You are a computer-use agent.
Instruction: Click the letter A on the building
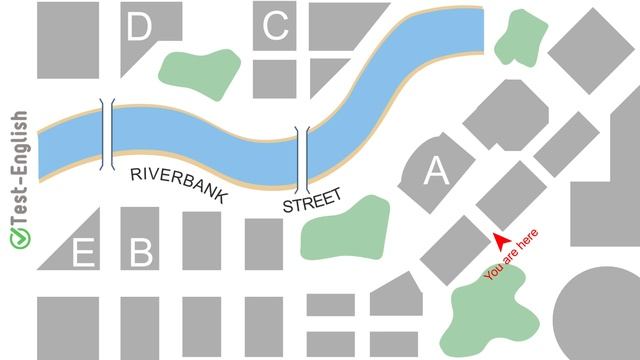[436, 173]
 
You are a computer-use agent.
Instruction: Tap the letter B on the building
[141, 252]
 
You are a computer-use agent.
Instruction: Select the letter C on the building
[275, 27]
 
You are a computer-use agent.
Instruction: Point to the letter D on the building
[138, 28]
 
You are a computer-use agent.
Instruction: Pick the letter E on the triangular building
[84, 255]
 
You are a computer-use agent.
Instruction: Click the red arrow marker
[499, 239]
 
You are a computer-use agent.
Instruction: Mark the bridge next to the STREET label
[303, 160]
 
